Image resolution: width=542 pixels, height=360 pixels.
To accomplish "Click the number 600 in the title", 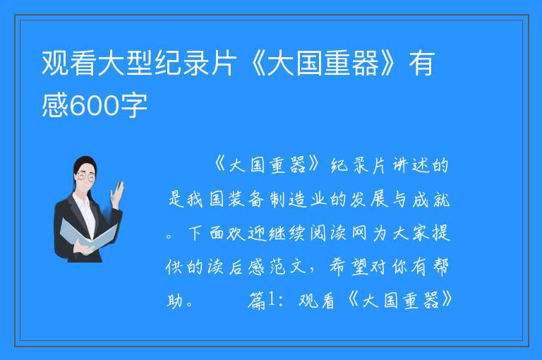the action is (x=95, y=105).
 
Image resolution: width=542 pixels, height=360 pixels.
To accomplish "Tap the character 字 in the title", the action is (x=134, y=105).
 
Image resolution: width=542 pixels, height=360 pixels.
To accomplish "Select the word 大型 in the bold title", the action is (x=125, y=63).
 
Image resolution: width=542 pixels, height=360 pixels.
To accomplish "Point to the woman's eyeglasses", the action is (x=86, y=176).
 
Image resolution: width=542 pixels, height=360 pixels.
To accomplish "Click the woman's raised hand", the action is (x=117, y=194).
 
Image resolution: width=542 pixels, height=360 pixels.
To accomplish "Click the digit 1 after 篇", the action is (x=271, y=299).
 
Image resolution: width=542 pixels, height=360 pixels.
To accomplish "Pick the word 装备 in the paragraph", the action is (x=246, y=200).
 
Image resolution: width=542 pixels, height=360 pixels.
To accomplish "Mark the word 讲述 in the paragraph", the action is (x=411, y=165).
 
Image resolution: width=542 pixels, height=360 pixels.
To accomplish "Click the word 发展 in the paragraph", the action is (x=369, y=200).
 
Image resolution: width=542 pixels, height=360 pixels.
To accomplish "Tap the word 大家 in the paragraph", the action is (x=411, y=233).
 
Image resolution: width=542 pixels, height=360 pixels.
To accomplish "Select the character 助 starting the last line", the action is (x=175, y=300).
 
